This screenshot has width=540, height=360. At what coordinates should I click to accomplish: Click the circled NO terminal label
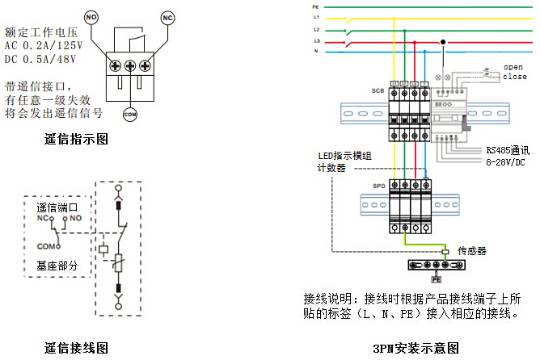[91, 15]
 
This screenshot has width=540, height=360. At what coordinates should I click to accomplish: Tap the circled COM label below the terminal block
[130, 115]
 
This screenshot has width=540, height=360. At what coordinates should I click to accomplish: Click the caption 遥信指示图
[76, 139]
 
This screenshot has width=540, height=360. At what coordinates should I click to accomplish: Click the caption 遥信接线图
[76, 349]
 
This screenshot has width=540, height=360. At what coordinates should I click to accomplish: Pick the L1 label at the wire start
[316, 17]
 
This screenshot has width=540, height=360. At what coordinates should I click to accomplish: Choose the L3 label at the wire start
[316, 40]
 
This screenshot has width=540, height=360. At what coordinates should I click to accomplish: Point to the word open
[514, 66]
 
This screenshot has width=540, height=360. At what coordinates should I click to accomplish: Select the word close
[514, 77]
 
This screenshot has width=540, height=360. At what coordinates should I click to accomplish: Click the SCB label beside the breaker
[378, 90]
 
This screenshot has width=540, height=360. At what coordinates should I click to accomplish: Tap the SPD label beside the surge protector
[378, 186]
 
